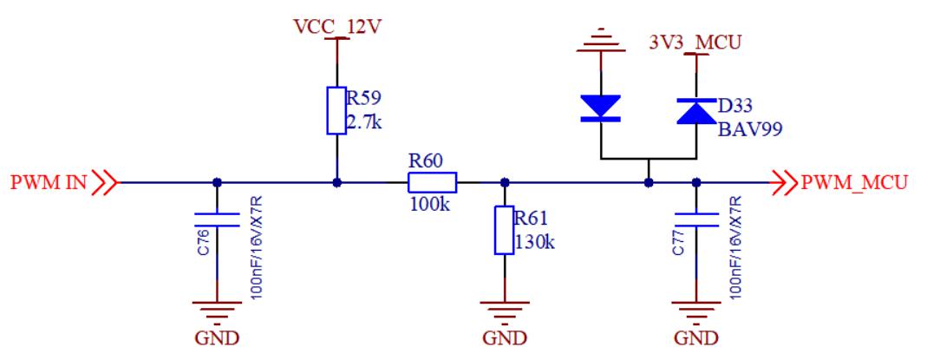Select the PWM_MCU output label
click(854, 183)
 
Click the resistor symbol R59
click(336, 110)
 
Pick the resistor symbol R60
click(432, 183)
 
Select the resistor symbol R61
click(505, 231)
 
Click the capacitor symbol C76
click(216, 217)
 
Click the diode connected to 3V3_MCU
click(695, 109)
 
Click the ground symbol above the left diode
click(600, 41)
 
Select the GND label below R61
click(505, 336)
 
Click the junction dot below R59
click(336, 183)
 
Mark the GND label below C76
click(216, 336)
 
